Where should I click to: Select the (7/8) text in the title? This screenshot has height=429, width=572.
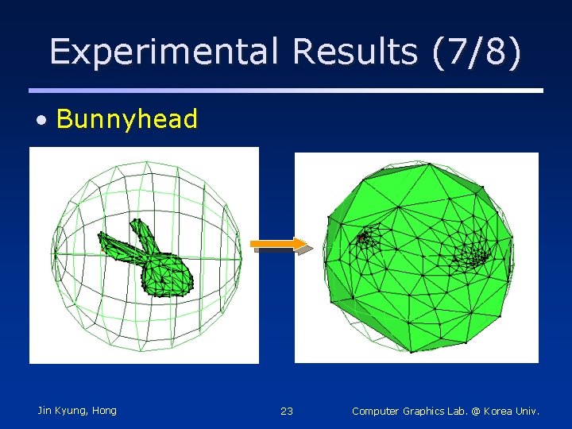[x=477, y=52]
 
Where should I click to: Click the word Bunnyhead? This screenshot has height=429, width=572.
[x=127, y=119]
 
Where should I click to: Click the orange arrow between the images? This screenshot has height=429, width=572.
[x=279, y=245]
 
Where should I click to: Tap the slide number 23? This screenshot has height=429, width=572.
[x=287, y=411]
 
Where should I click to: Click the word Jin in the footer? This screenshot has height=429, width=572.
[x=45, y=411]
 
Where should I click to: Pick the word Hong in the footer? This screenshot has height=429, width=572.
[x=104, y=411]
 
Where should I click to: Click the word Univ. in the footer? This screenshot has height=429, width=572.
[x=528, y=411]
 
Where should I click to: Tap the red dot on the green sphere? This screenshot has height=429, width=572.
[x=361, y=236]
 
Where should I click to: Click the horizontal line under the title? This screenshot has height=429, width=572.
[x=286, y=91]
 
